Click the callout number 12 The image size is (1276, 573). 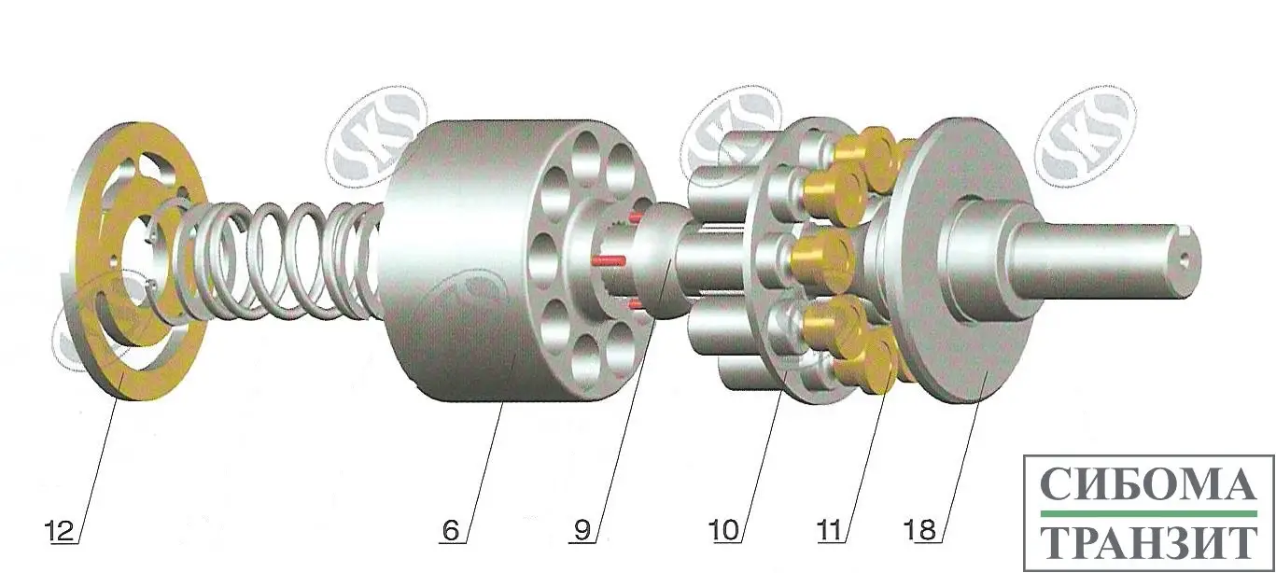pyautogui.click(x=60, y=531)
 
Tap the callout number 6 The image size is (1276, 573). pyautogui.click(x=450, y=531)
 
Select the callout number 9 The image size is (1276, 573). pyautogui.click(x=582, y=531)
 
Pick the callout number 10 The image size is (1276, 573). pyautogui.click(x=723, y=531)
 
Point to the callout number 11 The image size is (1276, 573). pyautogui.click(x=829, y=531)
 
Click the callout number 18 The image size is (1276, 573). pyautogui.click(x=919, y=531)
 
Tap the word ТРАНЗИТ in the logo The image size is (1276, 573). pyautogui.click(x=1149, y=541)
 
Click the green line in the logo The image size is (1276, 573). pyautogui.click(x=1148, y=514)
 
